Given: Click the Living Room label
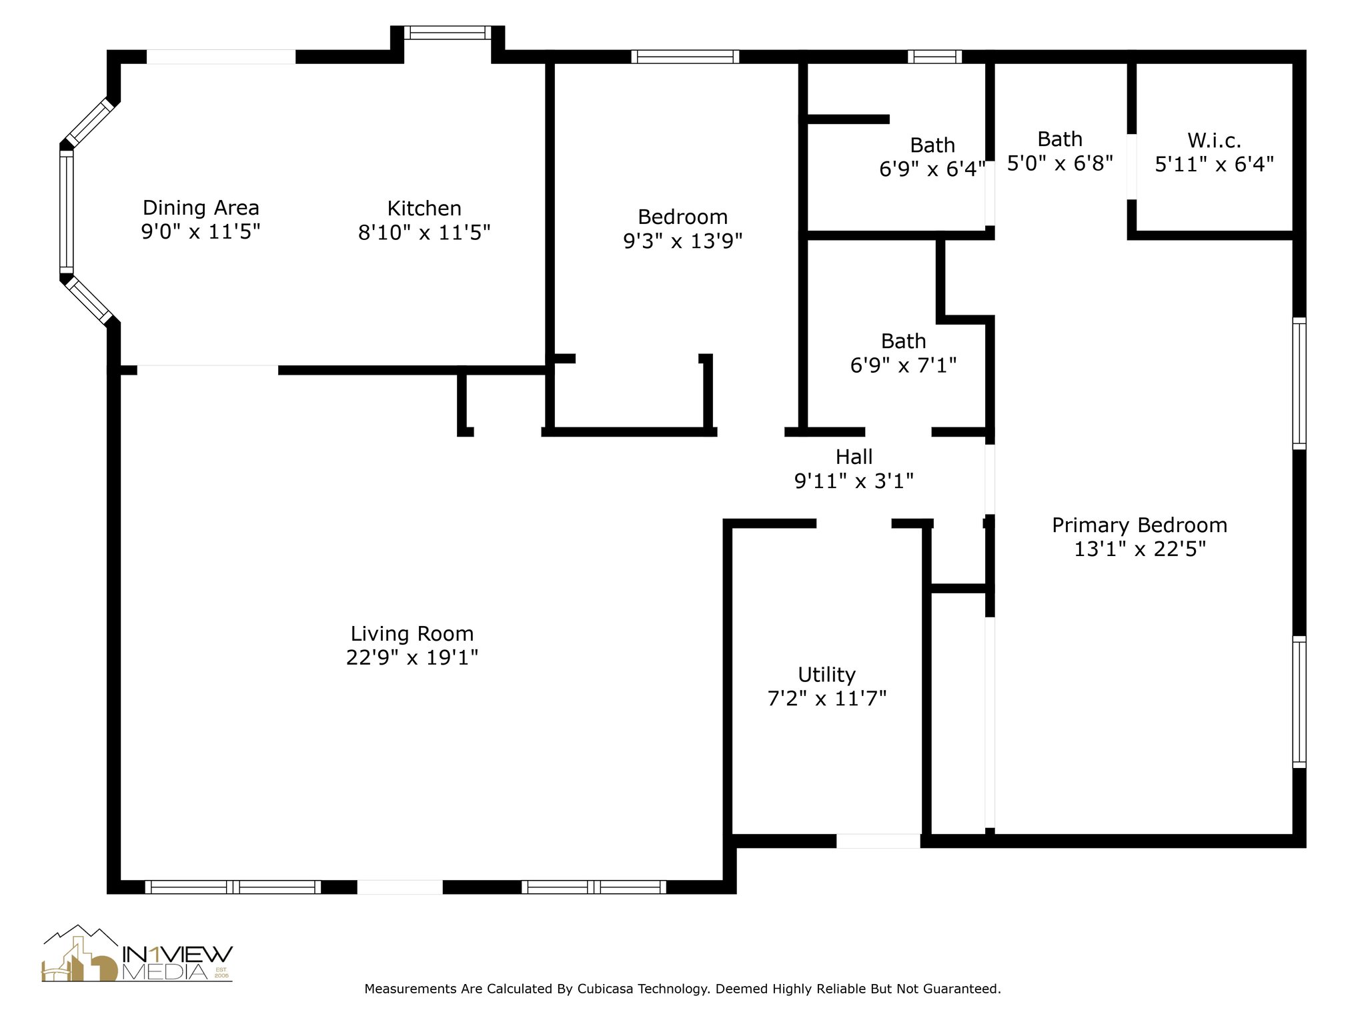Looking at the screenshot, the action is [412, 633].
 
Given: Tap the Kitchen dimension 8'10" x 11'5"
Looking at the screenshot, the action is [424, 233].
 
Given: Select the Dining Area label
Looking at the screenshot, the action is [201, 208].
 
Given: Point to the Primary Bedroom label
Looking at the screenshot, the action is [1139, 525].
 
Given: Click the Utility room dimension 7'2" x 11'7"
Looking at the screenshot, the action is [826, 699].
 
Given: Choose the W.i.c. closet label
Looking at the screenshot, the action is [1214, 141].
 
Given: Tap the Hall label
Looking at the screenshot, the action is [854, 457].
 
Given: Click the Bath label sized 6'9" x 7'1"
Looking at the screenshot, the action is [903, 341].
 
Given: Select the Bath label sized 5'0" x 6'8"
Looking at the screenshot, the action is [1060, 139].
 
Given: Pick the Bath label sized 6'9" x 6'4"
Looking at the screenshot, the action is [932, 145].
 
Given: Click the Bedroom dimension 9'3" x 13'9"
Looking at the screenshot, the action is [682, 241].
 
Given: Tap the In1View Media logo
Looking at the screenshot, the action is [137, 953].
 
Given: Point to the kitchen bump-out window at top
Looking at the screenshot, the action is [448, 33].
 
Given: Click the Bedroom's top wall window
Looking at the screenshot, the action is [685, 57].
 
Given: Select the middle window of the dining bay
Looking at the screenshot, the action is [66, 212].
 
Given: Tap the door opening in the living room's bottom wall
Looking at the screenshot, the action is [400, 887].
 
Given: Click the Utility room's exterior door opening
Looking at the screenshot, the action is [878, 841].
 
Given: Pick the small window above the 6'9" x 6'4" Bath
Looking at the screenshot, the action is [934, 57].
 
